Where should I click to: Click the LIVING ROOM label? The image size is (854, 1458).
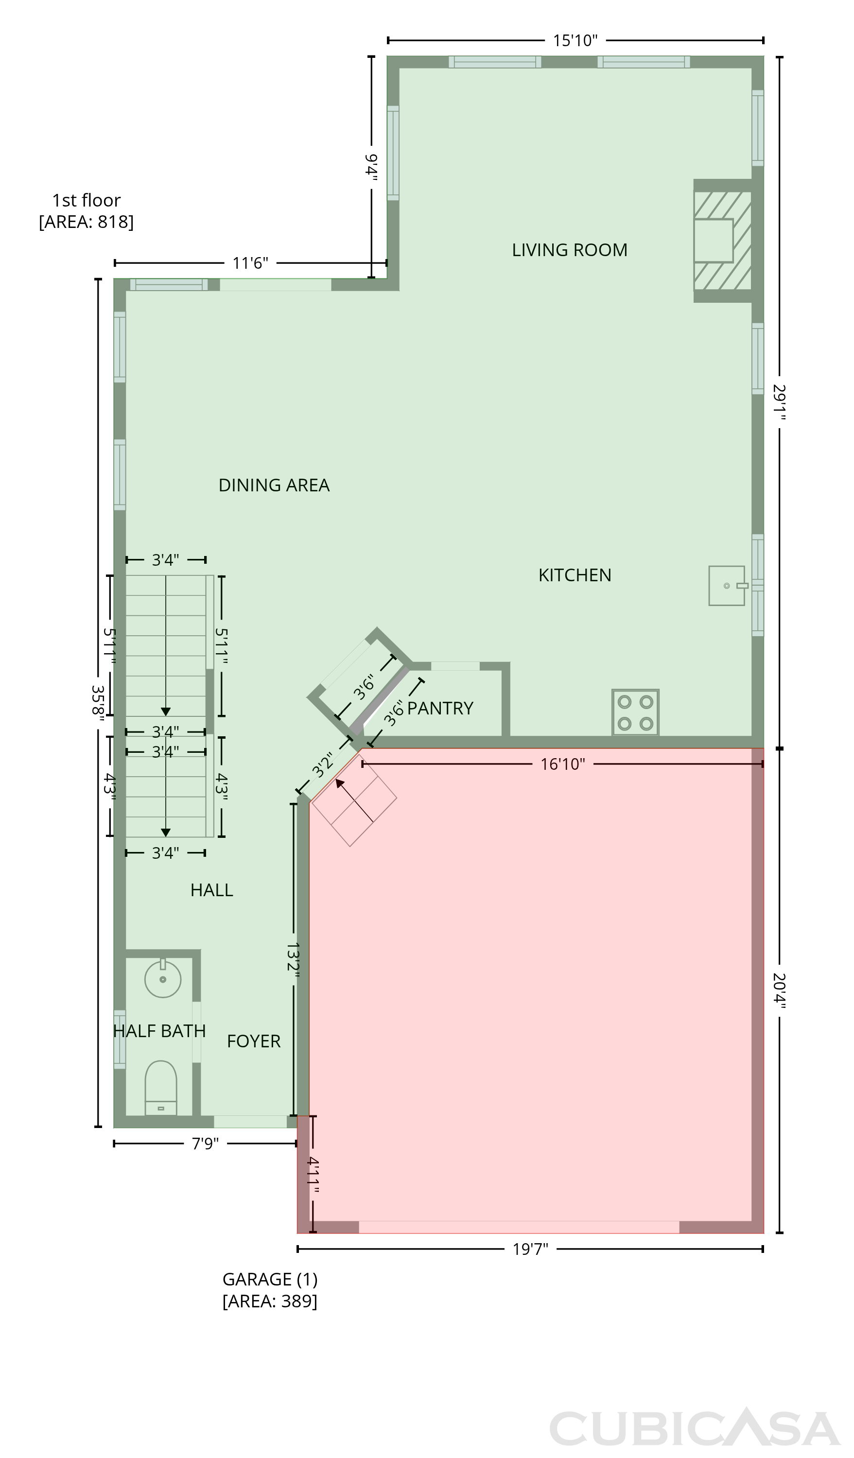(569, 250)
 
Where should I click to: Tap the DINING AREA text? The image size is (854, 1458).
(274, 485)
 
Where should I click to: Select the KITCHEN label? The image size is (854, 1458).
(575, 575)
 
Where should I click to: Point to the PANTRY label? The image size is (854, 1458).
(440, 708)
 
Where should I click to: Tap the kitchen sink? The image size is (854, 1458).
(727, 586)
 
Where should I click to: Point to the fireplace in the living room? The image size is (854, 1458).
(723, 241)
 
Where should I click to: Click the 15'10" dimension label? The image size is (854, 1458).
(575, 40)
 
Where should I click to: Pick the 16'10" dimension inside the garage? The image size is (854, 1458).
(562, 764)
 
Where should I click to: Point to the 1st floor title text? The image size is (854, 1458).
(86, 200)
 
